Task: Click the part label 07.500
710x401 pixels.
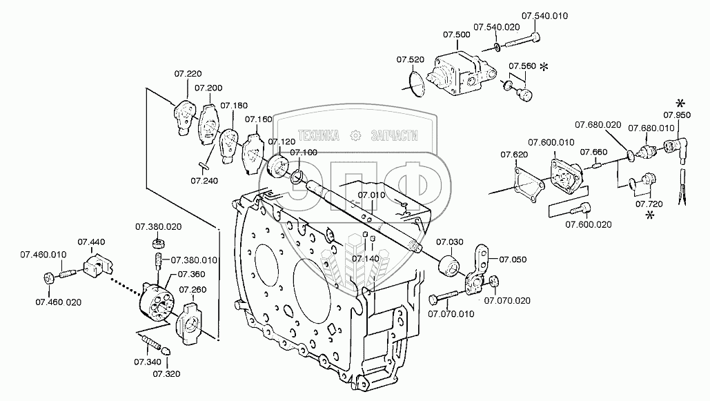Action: point(457,35)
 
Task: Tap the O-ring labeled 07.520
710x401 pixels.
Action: point(417,81)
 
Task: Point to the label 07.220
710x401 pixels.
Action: point(188,73)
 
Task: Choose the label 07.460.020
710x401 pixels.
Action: point(59,302)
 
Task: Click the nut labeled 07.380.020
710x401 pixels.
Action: point(158,243)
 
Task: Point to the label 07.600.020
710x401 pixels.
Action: point(588,224)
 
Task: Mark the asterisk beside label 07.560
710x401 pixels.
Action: point(544,67)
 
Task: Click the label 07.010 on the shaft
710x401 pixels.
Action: point(371,195)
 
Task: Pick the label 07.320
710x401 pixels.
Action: point(166,374)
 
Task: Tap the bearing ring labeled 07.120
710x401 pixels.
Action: point(277,165)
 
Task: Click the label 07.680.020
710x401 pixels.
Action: point(598,125)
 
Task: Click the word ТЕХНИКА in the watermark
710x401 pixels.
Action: point(318,135)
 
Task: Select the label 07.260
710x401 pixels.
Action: point(193,290)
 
